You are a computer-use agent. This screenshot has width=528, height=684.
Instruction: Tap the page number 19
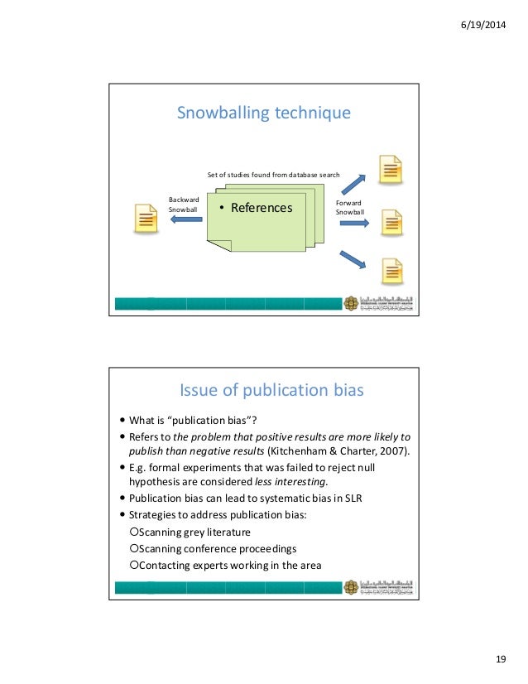(500, 658)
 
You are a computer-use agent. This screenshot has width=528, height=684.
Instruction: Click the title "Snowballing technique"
(264, 113)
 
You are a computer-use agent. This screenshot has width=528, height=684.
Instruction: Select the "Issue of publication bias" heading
(272, 389)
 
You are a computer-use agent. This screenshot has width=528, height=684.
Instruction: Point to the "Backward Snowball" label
(184, 205)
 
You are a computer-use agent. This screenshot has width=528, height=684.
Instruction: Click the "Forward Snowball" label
(349, 207)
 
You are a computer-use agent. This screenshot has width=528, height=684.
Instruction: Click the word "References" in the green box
(261, 208)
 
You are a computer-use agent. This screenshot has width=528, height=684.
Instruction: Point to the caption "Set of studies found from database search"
(273, 176)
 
